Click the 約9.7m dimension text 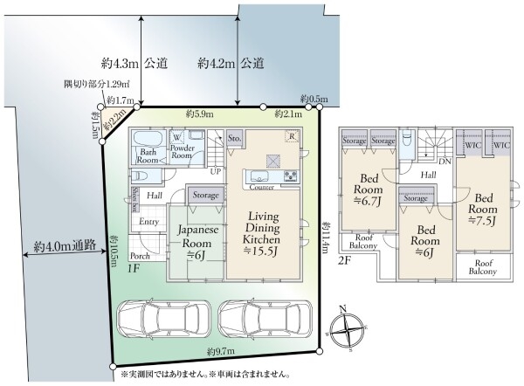coord(222,351)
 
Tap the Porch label coord(139,257)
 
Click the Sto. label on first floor coord(234,137)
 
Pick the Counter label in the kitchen coord(263,188)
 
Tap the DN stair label coord(445,162)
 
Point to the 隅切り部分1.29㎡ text coord(96,85)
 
